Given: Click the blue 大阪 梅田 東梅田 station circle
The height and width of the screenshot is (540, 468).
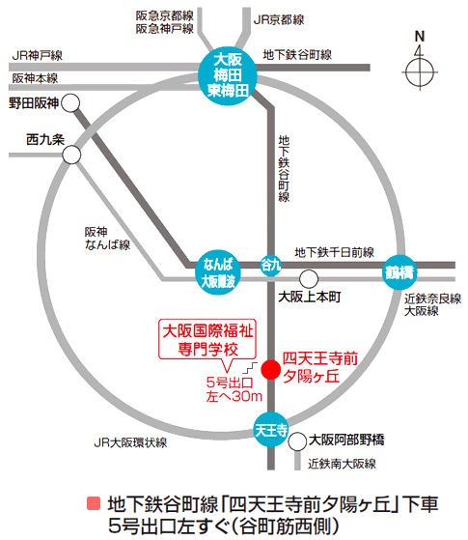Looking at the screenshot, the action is (228, 75).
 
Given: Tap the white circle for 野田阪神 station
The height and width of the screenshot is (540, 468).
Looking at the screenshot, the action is (70, 102).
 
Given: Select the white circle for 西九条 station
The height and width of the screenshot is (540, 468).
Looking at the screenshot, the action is (72, 155).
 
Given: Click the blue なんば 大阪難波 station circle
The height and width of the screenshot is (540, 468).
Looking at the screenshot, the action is (218, 272).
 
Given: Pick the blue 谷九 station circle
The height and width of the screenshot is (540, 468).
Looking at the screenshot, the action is (271, 265).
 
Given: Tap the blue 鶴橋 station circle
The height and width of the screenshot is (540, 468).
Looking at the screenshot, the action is (399, 272).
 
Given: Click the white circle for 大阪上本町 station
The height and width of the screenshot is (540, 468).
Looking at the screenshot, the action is (309, 279).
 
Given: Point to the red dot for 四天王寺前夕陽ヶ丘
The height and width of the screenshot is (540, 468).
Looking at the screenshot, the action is (271, 370).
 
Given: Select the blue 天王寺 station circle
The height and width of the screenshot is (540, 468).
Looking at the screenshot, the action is (271, 430).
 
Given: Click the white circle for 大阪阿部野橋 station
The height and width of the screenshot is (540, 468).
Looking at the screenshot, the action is (297, 441).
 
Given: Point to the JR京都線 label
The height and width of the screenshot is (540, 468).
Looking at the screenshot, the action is (279, 20).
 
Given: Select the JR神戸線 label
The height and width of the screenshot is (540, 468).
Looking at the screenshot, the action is (38, 55).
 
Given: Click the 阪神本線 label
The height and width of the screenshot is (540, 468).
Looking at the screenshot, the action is (35, 78).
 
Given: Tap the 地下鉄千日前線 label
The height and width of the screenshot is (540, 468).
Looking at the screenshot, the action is (335, 252).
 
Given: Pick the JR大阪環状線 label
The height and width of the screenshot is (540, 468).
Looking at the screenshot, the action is (130, 442).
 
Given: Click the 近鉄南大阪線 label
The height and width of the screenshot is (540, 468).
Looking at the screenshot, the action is (342, 464).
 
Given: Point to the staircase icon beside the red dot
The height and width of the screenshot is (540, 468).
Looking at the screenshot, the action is (250, 368).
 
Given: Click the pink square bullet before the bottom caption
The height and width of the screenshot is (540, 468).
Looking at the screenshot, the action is (94, 503).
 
